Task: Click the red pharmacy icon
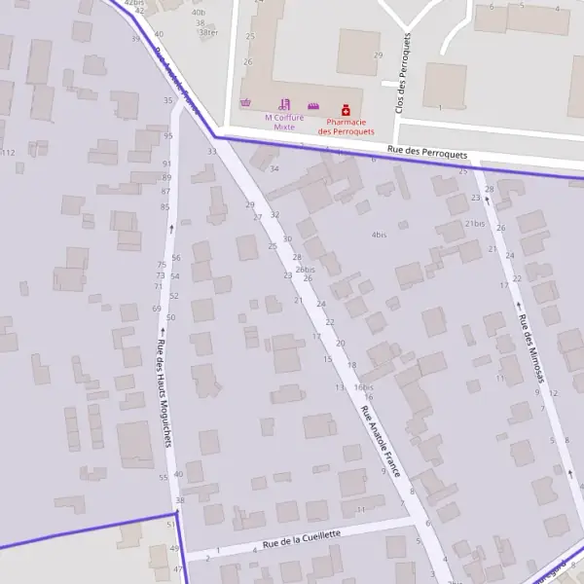(345, 111)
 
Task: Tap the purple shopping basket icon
(245, 103)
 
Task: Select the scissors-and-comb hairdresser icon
(284, 103)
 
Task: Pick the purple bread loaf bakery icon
(313, 105)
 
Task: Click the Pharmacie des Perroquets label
(346, 127)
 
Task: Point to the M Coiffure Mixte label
(284, 122)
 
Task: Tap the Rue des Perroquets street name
(427, 154)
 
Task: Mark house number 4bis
(380, 235)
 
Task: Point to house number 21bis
(474, 224)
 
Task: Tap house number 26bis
(305, 270)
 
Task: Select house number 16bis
(364, 386)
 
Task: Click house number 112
(8, 153)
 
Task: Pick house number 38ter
(207, 32)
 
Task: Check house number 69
(157, 309)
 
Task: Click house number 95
(167, 136)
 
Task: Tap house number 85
(165, 206)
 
